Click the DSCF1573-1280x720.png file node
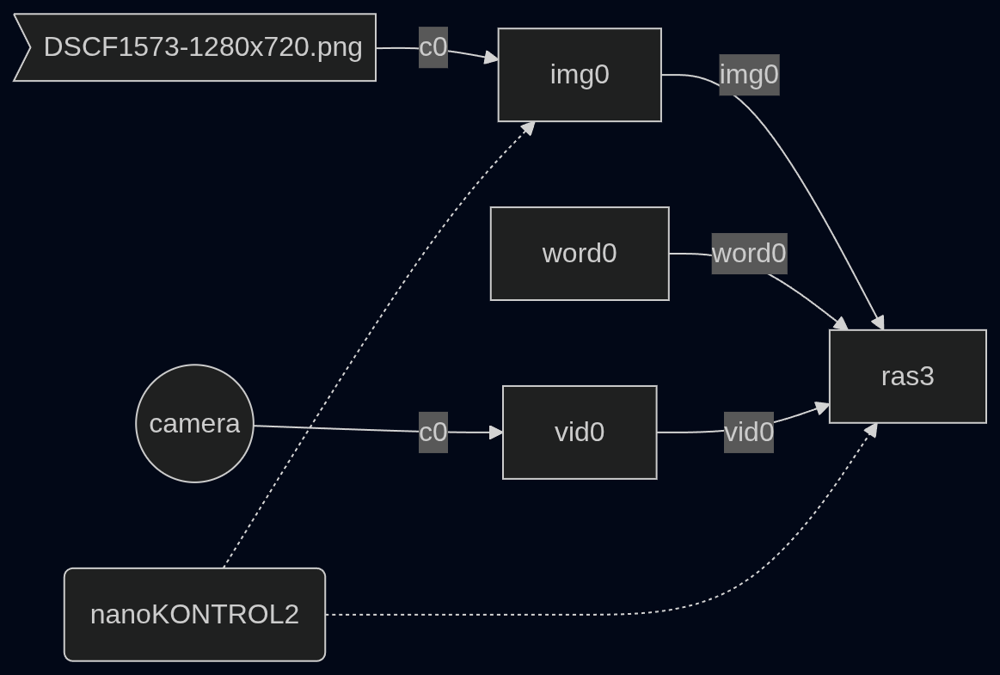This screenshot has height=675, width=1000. pos(194,47)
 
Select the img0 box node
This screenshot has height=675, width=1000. pos(580,75)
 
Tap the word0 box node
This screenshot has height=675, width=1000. pos(580,254)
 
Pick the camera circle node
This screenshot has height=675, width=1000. pos(194,424)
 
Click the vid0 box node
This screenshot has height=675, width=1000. pos(580,432)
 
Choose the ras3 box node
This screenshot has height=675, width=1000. pos(907,377)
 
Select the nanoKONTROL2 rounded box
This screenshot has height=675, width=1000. pos(194,615)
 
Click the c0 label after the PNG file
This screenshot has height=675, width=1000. pos(433,47)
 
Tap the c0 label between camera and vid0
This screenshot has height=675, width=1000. pos(433,433)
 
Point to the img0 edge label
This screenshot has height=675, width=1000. pos(750,75)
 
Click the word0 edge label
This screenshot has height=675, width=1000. pos(750,254)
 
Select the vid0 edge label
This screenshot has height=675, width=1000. pos(749,433)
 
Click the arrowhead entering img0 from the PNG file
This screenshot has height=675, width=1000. pos(491,58)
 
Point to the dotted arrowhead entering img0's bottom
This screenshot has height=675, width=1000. pos(529,127)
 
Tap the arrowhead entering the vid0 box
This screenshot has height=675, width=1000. pos(496,433)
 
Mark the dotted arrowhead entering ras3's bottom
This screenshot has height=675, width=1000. pos(870,430)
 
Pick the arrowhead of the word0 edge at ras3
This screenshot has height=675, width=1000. pos(842,323)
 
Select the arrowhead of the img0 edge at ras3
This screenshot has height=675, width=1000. pos(878,322)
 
